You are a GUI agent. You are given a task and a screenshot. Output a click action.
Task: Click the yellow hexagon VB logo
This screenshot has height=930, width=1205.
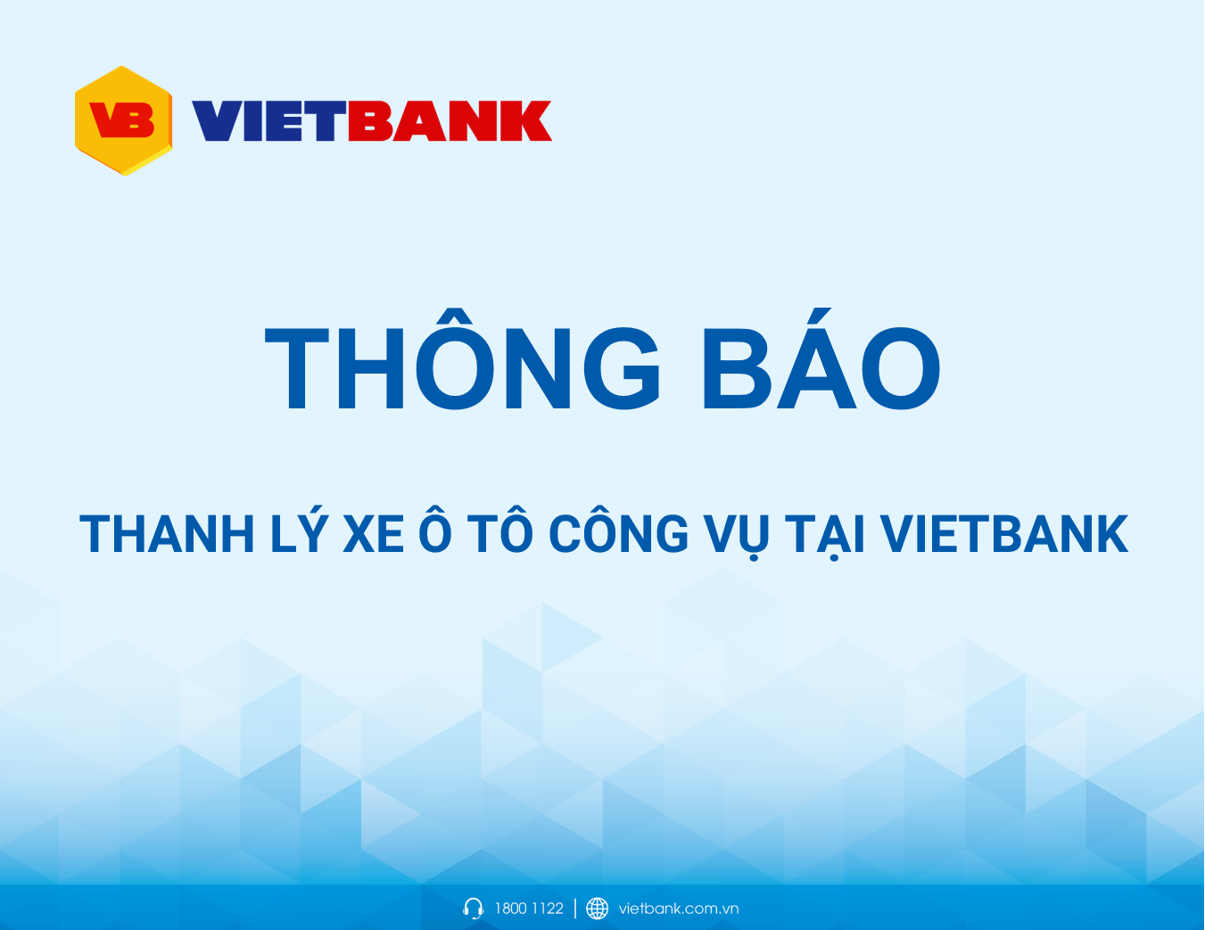[123, 120]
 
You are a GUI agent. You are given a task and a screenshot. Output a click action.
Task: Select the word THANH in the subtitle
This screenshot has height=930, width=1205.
[168, 535]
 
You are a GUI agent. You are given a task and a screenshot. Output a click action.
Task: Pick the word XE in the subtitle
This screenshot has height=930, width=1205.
[373, 535]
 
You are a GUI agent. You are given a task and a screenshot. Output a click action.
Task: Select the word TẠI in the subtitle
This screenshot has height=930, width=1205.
[826, 535]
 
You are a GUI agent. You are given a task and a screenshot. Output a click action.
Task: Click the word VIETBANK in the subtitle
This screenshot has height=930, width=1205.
[1004, 535]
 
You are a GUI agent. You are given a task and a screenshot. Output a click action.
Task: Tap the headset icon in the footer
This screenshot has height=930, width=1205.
[474, 909]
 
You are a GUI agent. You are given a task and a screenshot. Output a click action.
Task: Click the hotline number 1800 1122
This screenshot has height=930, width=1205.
[529, 909]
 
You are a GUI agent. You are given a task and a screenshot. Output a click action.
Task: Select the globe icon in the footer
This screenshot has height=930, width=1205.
[598, 909]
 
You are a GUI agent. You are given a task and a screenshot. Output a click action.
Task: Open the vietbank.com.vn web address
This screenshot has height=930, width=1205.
[678, 909]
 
